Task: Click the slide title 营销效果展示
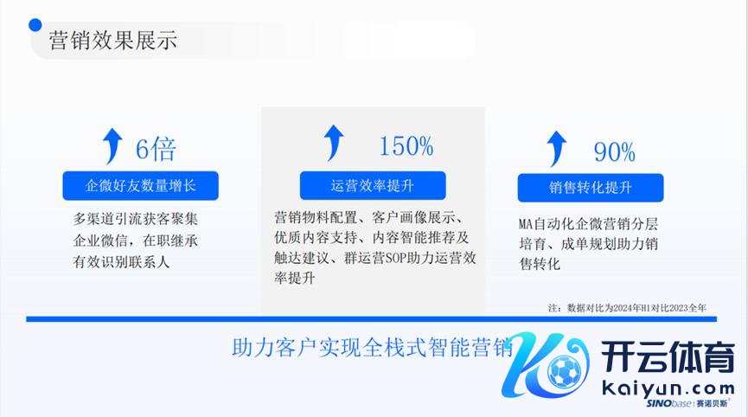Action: [x=113, y=40]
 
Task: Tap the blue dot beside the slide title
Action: [x=35, y=25]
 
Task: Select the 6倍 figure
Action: [x=156, y=149]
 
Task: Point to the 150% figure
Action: [x=406, y=146]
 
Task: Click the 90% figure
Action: [x=615, y=152]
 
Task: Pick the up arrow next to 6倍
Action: [x=112, y=146]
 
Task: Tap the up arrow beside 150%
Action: [x=334, y=143]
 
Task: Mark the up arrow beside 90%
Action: [x=556, y=149]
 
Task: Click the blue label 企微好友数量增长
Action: [x=140, y=186]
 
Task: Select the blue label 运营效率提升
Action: [x=373, y=186]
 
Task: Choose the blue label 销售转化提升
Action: [x=591, y=188]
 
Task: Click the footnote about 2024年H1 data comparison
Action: [x=627, y=308]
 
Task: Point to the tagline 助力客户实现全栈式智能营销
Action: [x=372, y=347]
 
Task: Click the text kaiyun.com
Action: [x=668, y=388]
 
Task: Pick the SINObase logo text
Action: [x=687, y=404]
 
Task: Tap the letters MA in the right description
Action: [x=525, y=224]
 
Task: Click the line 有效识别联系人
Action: [x=121, y=261]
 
